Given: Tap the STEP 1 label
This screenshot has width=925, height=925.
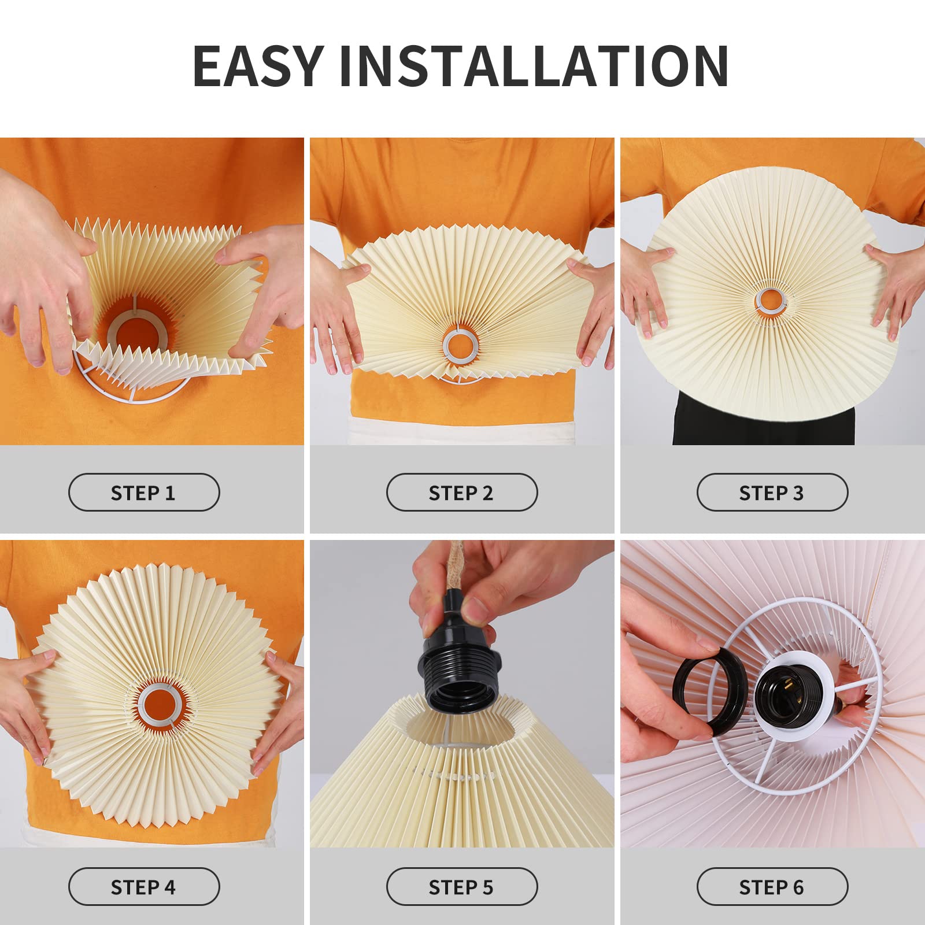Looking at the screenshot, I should pos(143,493).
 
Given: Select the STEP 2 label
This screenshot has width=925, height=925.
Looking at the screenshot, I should pos(461,493).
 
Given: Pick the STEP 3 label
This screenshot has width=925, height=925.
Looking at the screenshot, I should pos(772,493).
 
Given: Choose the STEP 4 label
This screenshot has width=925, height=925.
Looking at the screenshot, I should pos(143,887).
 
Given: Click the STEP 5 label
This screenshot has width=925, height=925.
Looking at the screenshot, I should pos(461,887).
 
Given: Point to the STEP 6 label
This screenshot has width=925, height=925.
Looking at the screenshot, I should pos(772,887).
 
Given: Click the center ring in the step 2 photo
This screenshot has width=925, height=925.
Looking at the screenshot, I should pos(461,345).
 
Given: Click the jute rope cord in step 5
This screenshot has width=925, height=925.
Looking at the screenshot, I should pos(454,569).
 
